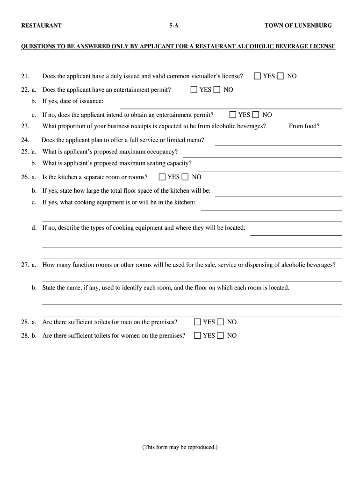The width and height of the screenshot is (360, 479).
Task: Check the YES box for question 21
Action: pos(258,76)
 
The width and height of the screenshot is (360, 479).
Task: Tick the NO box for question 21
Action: pos(281,76)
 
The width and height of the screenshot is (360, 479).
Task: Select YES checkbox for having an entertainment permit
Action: pos(194,89)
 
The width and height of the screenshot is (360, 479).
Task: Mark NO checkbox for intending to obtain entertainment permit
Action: pos(256,115)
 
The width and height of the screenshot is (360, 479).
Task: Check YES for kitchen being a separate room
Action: pos(162,177)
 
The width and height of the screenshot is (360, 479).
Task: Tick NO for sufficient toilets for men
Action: pos(220,322)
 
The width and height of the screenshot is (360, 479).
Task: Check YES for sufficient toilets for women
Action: pos(197,335)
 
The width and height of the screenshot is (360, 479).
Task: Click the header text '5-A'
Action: pos(174,26)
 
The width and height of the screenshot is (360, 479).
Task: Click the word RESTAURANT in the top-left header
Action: pos(41,26)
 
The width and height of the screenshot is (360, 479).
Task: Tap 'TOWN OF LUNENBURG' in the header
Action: pos(298,26)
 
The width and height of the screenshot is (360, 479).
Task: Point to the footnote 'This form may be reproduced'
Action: pos(180,447)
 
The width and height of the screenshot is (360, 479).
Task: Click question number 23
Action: pos(25,126)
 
